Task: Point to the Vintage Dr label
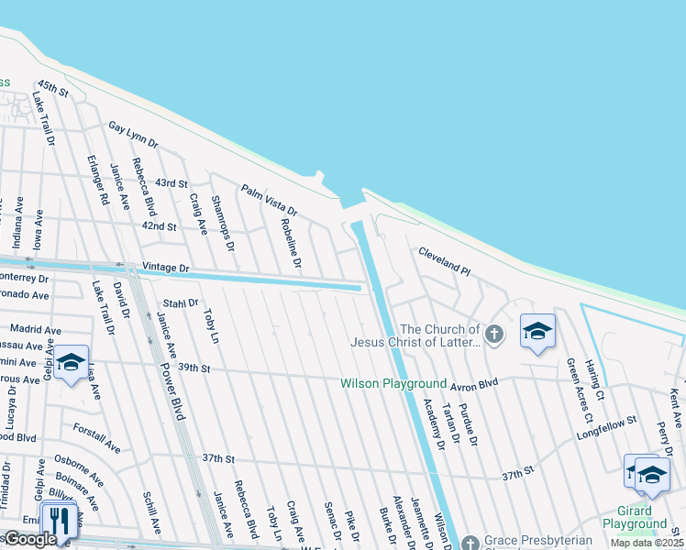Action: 165,268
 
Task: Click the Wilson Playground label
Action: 393,383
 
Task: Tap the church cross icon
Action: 495,333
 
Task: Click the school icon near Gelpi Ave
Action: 71,363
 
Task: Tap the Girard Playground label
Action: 635,517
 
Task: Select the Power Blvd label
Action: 171,389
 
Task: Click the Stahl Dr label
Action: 180,302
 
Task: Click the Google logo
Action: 30,539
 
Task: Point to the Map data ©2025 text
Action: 647,543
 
